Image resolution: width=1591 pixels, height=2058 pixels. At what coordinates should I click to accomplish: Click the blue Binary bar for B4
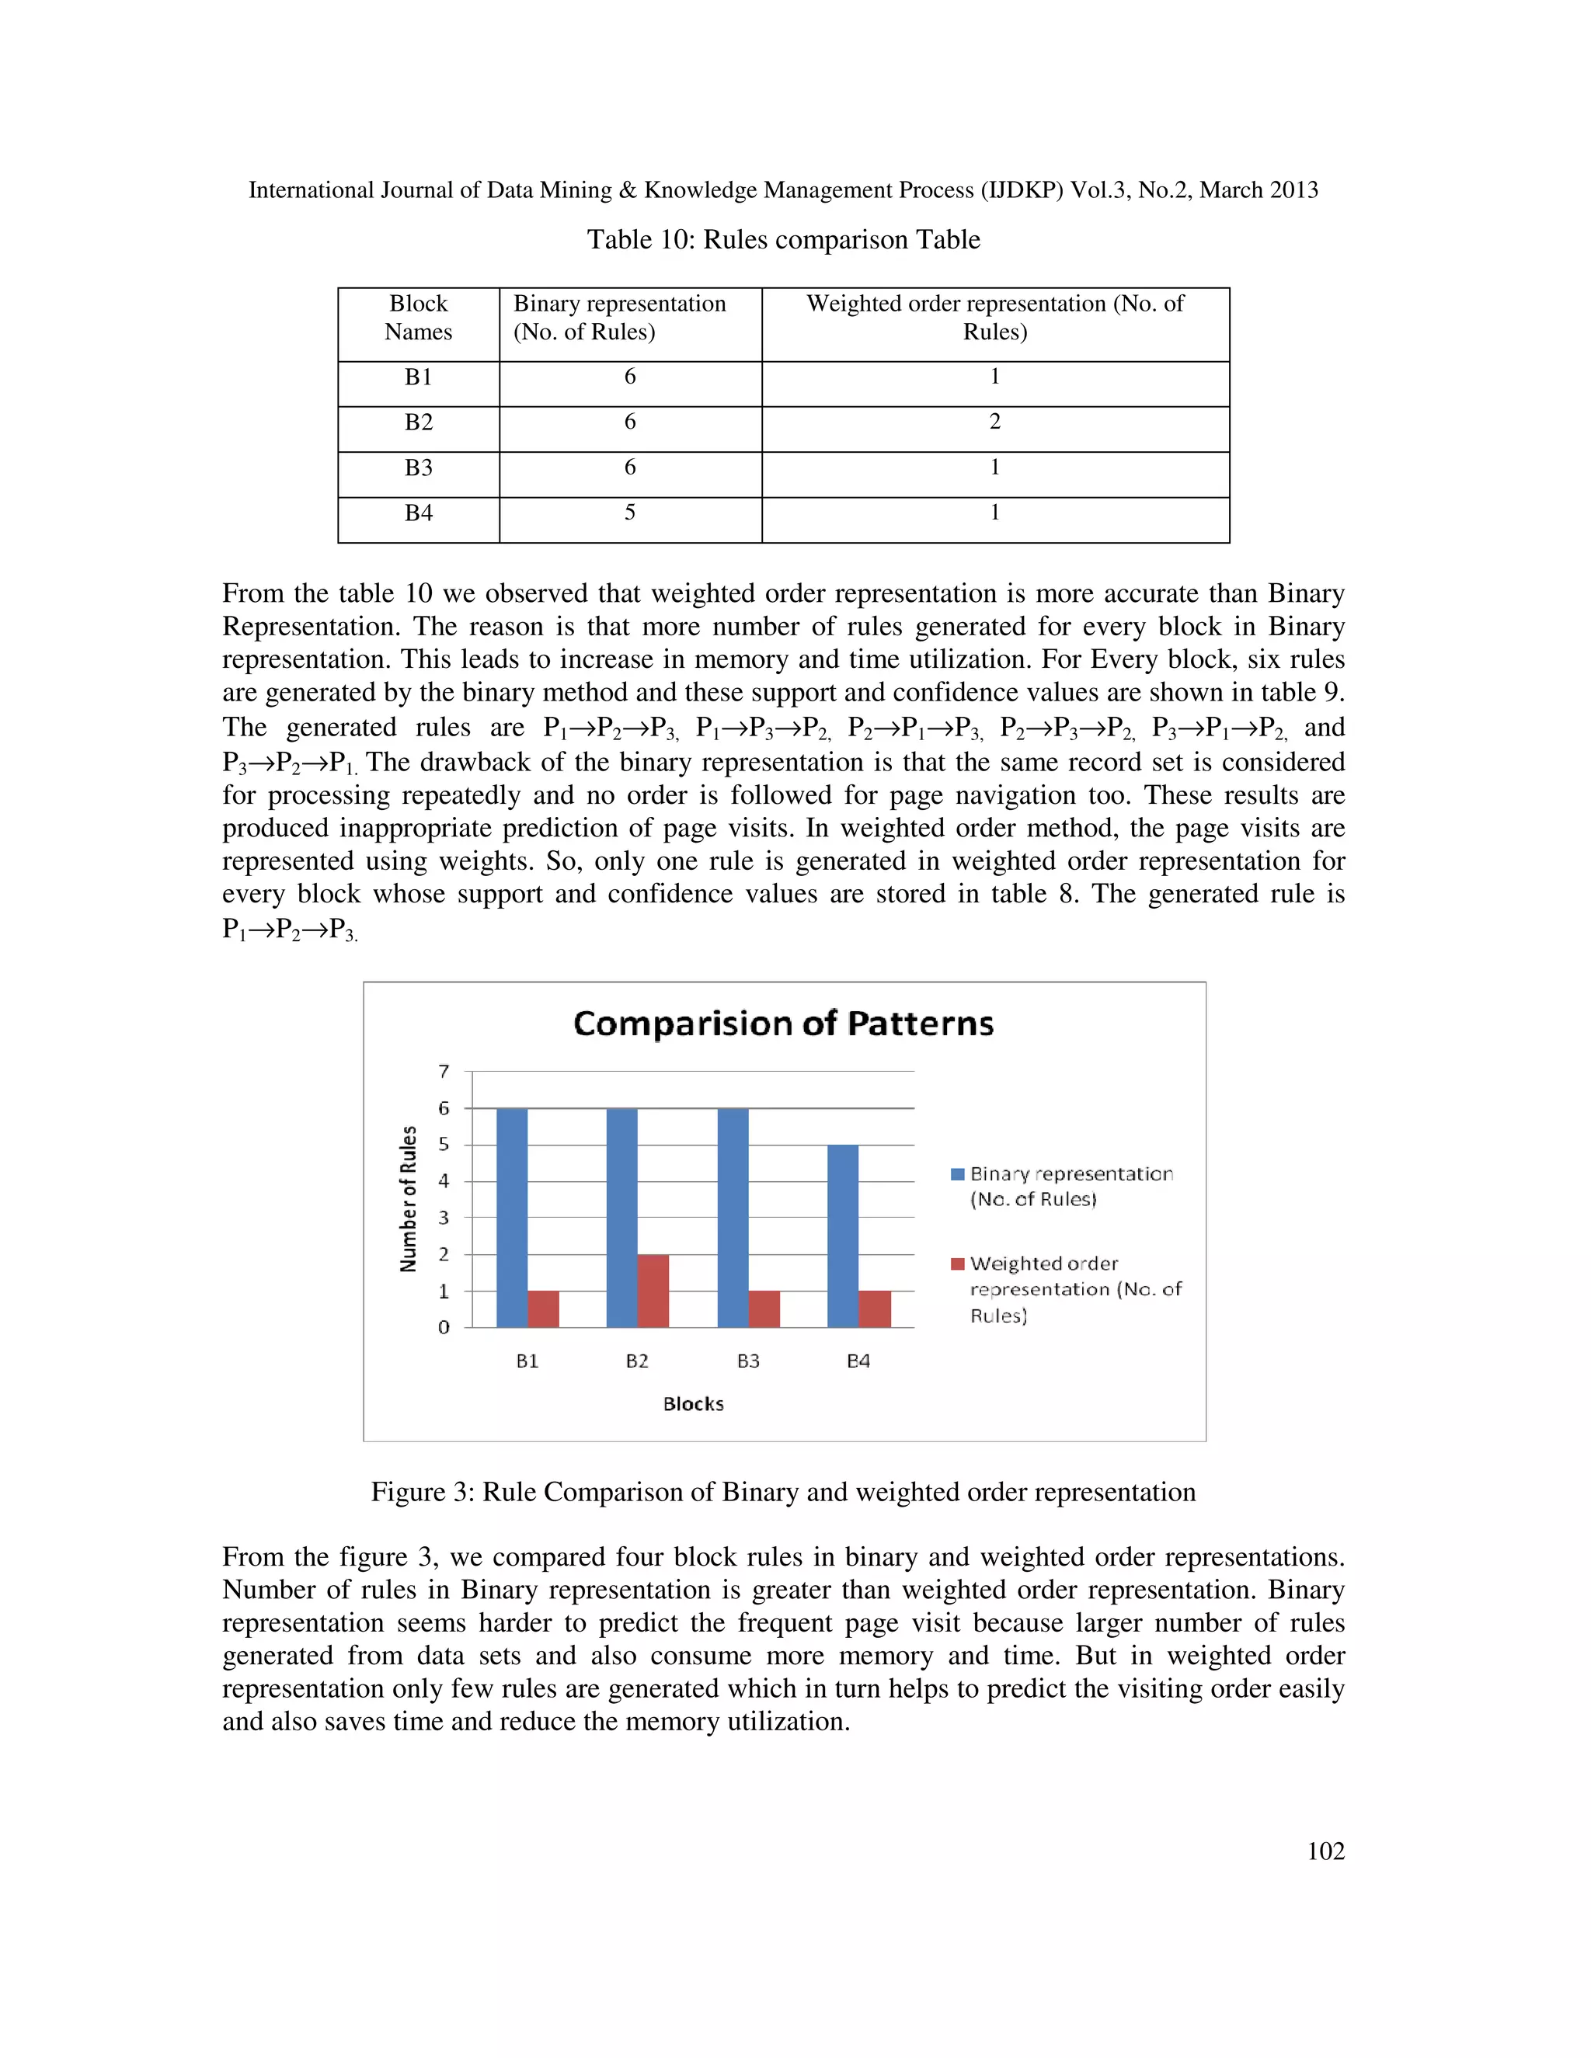843,1236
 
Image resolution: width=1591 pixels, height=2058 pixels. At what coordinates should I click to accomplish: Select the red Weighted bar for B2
653,1290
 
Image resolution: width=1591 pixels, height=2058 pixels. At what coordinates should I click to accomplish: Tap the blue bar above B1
512,1218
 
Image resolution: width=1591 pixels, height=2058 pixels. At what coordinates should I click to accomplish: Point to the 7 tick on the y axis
444,1072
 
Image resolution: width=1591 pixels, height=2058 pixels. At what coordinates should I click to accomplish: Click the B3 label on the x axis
748,1361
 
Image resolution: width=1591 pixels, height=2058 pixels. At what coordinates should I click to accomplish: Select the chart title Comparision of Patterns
783,1024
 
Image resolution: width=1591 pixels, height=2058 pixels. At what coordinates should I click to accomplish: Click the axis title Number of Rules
408,1198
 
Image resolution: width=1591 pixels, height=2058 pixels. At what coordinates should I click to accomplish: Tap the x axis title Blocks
694,1404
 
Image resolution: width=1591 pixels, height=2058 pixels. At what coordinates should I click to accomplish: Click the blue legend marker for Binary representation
958,1174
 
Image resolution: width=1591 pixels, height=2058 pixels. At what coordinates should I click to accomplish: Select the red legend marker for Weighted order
958,1264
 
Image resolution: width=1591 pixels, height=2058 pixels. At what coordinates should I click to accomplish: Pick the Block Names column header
419,318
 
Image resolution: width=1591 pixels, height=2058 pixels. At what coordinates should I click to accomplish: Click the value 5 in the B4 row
629,513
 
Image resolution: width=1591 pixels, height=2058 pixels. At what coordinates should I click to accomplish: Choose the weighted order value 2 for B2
994,422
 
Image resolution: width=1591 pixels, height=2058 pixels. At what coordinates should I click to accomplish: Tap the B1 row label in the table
419,377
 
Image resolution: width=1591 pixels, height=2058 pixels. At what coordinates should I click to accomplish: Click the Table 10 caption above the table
783,239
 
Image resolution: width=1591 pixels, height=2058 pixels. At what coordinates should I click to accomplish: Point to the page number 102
1325,1851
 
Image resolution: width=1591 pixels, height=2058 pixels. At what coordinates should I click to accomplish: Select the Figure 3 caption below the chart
783,1492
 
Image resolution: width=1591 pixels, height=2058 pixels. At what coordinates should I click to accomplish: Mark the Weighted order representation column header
994,318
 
